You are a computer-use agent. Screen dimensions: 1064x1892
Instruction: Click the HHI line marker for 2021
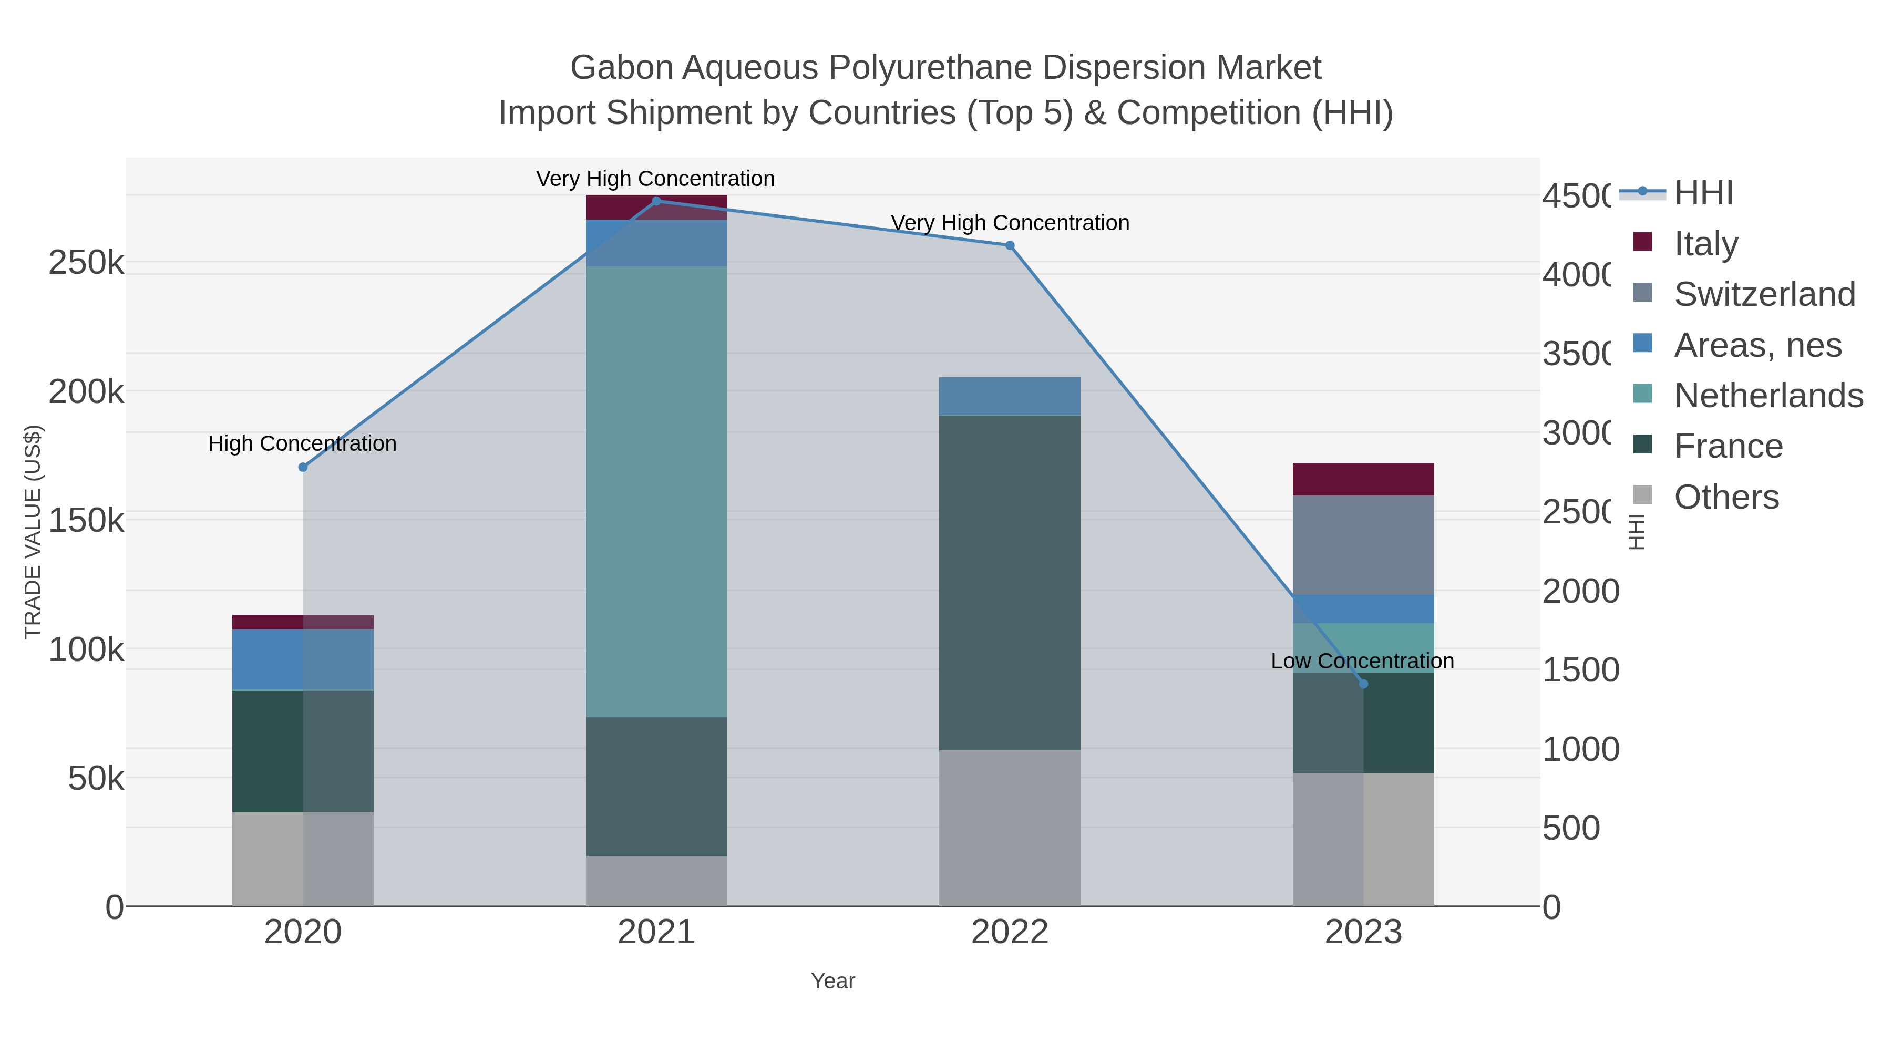click(656, 201)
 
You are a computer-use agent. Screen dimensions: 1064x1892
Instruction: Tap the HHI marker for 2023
click(1363, 684)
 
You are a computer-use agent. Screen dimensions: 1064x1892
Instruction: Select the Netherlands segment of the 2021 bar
click(656, 491)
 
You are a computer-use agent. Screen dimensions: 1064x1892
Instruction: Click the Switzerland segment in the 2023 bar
click(1363, 545)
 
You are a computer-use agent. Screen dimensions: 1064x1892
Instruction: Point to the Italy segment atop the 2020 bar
click(303, 622)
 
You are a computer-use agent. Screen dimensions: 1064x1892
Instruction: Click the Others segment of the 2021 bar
click(656, 881)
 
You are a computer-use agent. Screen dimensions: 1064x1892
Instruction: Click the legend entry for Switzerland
click(1763, 294)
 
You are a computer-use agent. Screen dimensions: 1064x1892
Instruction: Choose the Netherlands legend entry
click(1767, 395)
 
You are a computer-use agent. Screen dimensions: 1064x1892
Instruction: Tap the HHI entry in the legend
click(1702, 193)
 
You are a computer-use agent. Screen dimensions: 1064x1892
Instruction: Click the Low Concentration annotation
click(1362, 661)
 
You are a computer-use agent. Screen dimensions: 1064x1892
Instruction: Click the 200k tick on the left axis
click(86, 391)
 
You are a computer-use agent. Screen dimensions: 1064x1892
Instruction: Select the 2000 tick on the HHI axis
click(1580, 591)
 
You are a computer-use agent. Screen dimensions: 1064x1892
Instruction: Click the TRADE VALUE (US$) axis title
click(33, 532)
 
